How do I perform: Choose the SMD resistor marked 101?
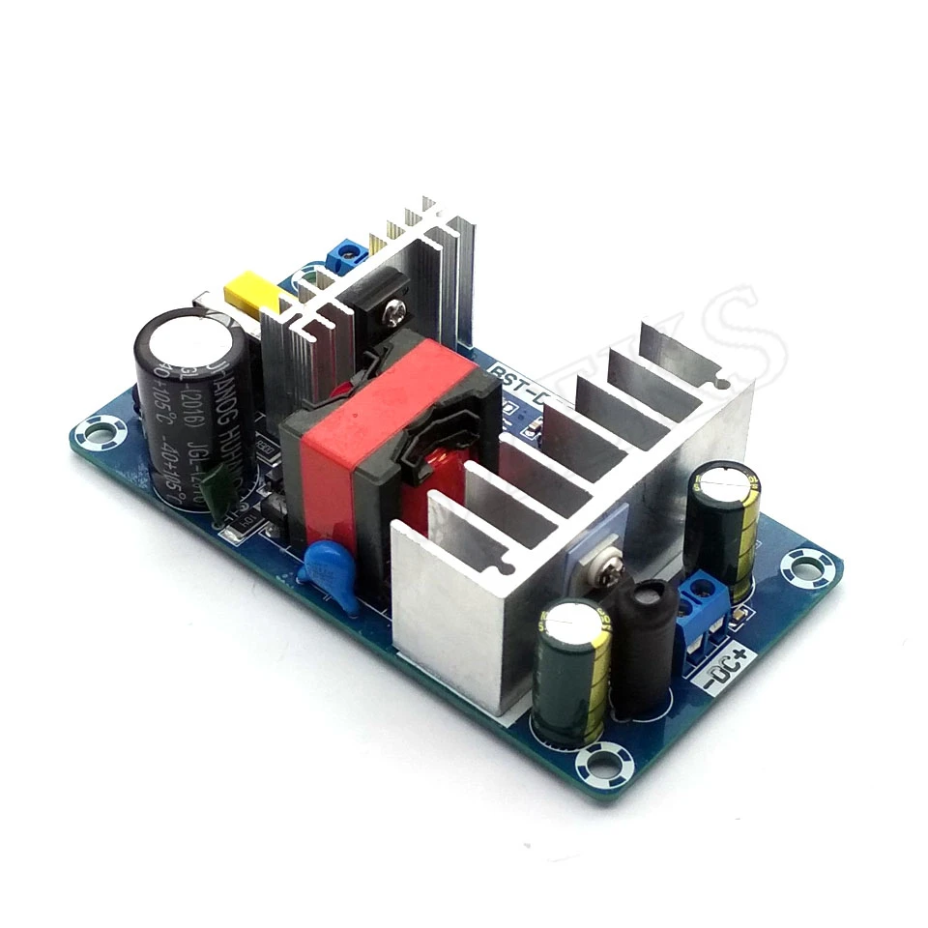click(x=233, y=531)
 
